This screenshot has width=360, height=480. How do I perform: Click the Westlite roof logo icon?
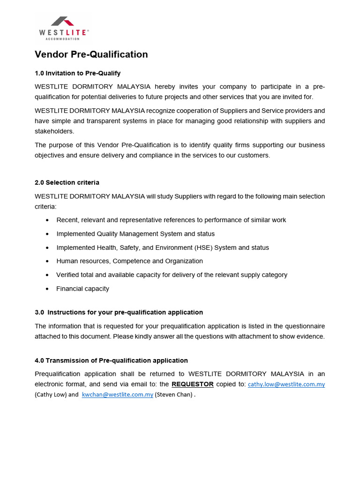point(62,22)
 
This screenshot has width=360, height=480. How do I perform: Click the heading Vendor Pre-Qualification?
point(91,54)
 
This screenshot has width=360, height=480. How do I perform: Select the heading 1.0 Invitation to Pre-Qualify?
point(78,73)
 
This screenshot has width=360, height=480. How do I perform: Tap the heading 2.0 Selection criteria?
point(67,182)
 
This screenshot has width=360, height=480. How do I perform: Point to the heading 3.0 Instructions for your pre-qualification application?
point(119,312)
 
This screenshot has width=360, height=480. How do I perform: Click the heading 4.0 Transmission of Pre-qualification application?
point(111,360)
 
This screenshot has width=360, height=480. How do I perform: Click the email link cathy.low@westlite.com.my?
point(286,384)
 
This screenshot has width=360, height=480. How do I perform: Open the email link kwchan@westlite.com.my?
point(117,395)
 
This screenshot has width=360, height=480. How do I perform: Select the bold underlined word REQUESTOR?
point(193,384)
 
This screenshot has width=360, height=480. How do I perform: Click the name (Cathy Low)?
point(51,395)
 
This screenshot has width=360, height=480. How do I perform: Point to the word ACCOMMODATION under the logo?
point(62,39)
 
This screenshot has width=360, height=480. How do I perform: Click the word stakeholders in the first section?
point(54,131)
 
